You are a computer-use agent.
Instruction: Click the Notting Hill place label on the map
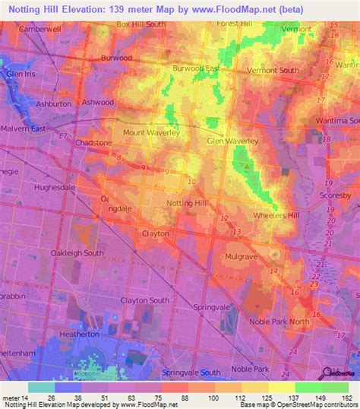point(187,203)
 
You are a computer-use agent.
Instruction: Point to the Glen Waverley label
point(233,141)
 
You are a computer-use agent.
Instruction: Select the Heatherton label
point(80,334)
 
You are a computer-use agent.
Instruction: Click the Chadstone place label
point(93,141)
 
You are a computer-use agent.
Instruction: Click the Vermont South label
point(272,71)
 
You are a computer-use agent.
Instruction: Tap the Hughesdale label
point(55,185)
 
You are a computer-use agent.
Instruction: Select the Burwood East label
point(195,68)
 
